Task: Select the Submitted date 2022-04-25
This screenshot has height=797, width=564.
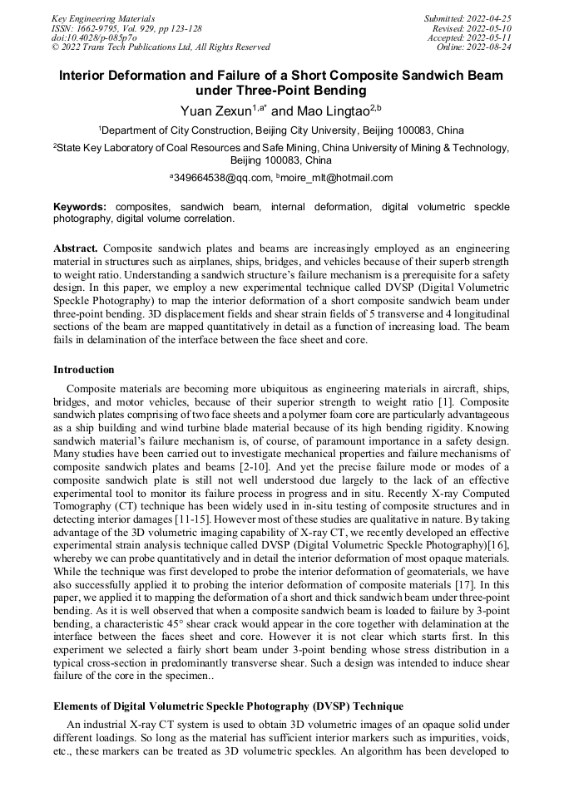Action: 488,18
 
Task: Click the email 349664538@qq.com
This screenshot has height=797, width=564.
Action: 223,177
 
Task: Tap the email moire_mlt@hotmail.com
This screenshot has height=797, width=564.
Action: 338,177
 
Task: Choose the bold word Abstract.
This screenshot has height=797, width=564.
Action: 77,248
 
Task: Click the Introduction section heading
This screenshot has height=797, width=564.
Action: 84,370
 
